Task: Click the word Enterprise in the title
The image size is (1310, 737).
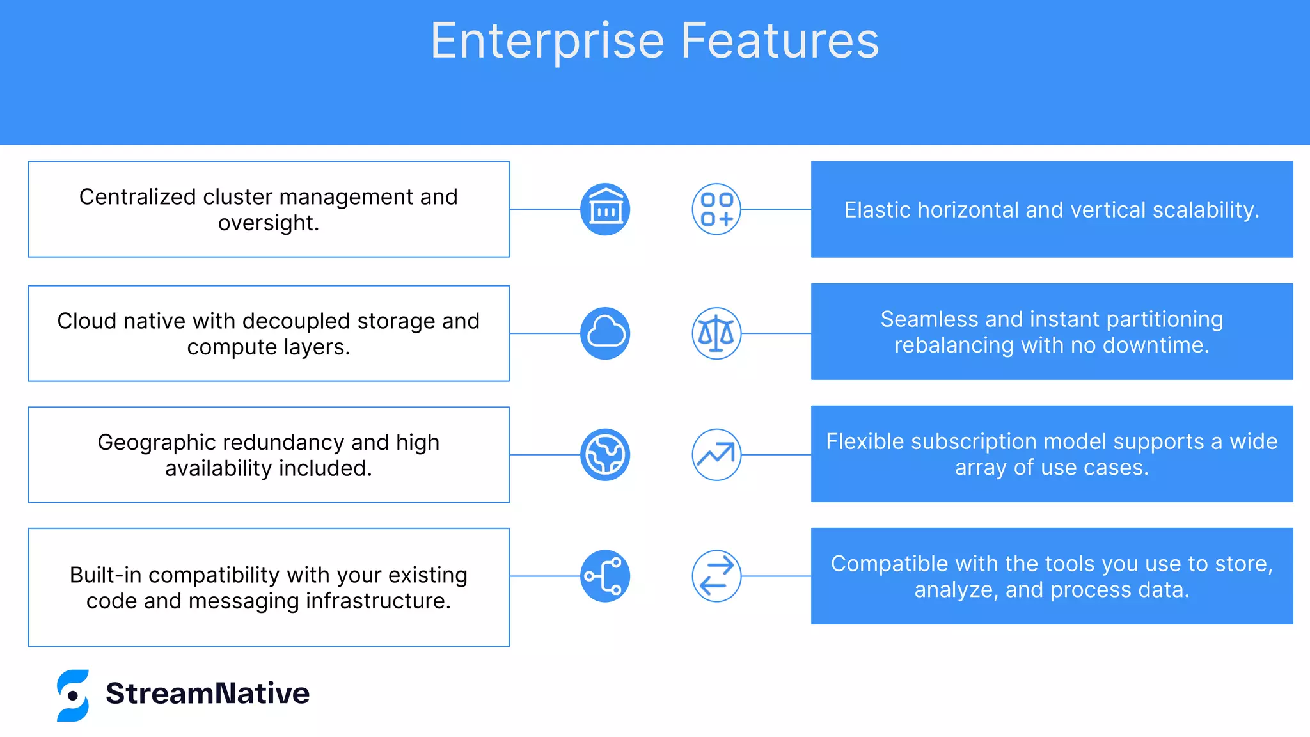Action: coord(548,41)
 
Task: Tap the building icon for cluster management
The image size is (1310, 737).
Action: coord(605,209)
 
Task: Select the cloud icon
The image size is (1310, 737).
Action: coord(605,333)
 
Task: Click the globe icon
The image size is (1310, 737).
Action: coord(605,455)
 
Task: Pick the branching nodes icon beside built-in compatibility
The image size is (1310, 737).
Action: coord(605,576)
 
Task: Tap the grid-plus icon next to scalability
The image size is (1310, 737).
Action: coord(716,209)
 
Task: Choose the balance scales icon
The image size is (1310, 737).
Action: coord(716,333)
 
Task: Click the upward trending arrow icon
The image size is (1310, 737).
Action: coord(716,455)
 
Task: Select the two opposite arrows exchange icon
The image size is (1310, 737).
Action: coord(716,576)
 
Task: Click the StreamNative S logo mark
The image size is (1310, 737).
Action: coord(73,695)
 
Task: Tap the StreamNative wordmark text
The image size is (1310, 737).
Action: coord(207,693)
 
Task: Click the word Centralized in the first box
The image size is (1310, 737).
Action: coord(138,197)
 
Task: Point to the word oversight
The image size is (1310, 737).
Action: coord(267,223)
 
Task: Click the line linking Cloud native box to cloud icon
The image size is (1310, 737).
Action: coord(544,333)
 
